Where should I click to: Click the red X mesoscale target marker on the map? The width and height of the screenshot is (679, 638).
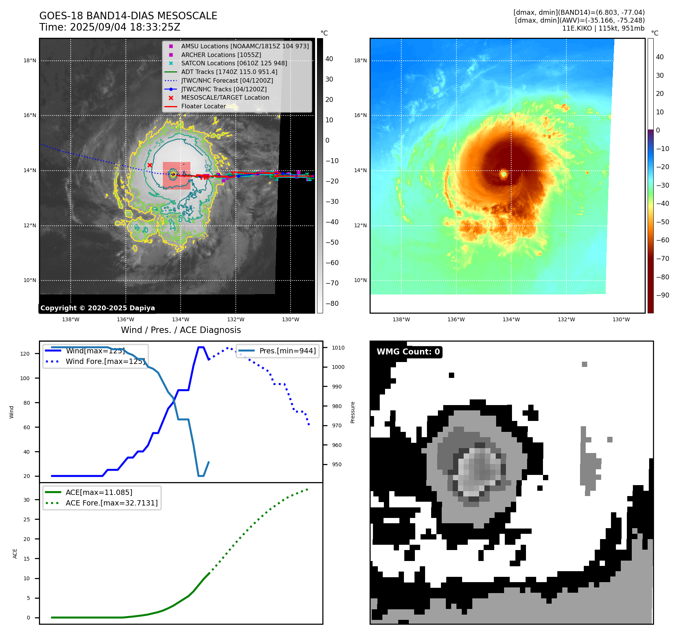(x=150, y=165)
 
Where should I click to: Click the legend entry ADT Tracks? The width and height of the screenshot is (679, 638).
(x=229, y=72)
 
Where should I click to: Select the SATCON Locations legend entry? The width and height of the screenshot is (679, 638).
(x=234, y=63)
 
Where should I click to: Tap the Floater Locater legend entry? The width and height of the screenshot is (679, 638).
(x=203, y=106)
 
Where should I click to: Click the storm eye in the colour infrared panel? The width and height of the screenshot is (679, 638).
(x=503, y=174)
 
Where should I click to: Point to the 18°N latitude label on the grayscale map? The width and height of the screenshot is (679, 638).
(x=30, y=60)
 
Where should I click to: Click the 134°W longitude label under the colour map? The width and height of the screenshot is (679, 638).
(x=511, y=319)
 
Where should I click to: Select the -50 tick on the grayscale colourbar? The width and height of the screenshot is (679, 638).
(x=332, y=242)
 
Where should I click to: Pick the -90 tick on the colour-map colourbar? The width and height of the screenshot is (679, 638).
(x=662, y=295)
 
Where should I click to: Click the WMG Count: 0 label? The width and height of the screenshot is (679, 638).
(x=408, y=352)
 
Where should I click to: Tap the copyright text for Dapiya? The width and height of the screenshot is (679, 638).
(x=97, y=308)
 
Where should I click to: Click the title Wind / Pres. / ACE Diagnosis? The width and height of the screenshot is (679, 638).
(x=181, y=330)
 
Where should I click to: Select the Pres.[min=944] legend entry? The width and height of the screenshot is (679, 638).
(x=287, y=351)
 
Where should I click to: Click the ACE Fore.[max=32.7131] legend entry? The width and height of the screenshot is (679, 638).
(x=111, y=503)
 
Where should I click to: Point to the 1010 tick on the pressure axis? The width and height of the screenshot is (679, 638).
(x=338, y=348)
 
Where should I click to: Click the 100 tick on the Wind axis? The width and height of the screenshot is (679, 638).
(x=25, y=378)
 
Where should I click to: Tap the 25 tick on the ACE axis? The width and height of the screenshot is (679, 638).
(x=26, y=519)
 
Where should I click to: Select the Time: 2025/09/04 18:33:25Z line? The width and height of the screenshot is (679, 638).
(x=110, y=27)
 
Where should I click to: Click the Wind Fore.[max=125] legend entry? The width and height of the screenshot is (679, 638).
(x=105, y=361)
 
